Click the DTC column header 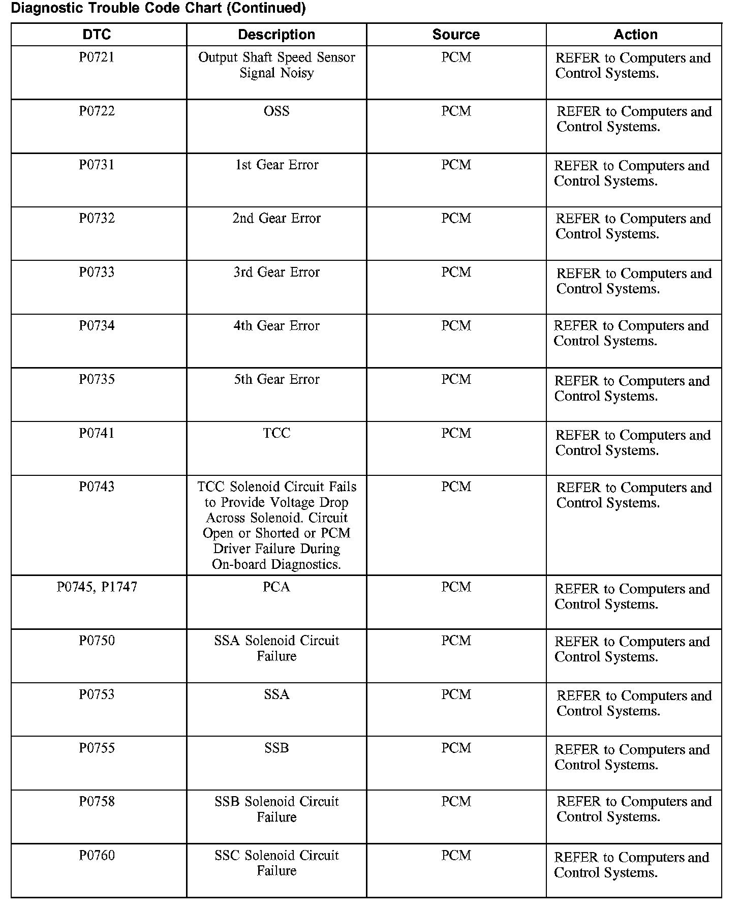97,35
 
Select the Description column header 276,35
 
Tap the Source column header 456,35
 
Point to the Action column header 635,35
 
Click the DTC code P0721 97,57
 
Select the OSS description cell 276,111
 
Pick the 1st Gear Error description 276,165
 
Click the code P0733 97,272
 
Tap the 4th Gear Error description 276,326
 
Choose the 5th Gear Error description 276,380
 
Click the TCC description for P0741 276,433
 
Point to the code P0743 97,487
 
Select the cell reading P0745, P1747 97,587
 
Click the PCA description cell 276,587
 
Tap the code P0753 97,694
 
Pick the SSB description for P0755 276,748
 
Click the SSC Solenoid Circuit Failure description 276,863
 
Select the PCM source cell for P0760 456,856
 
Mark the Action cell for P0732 633,226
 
